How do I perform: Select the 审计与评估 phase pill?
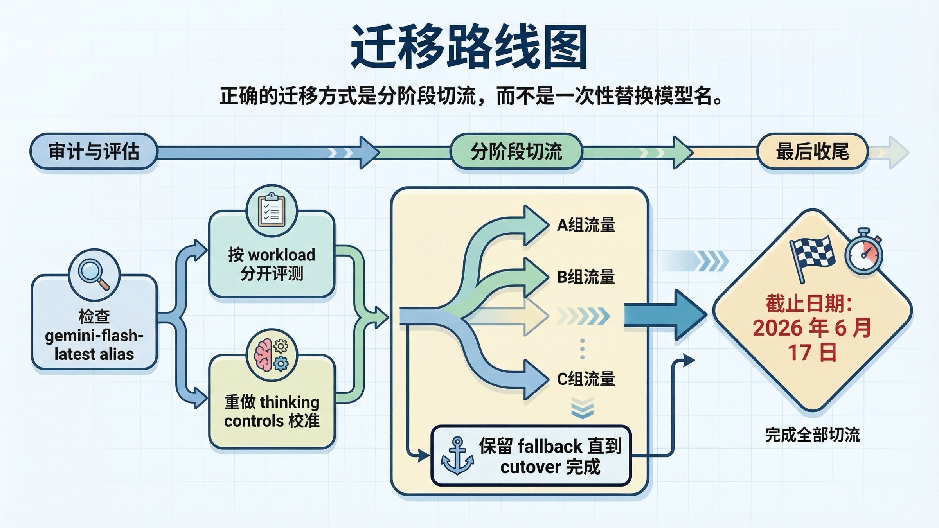(x=94, y=152)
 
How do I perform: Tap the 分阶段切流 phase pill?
(x=516, y=152)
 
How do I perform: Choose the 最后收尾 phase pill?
(x=813, y=152)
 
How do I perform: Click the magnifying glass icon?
(x=94, y=273)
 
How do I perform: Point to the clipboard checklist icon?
(x=272, y=211)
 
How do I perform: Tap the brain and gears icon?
(x=272, y=355)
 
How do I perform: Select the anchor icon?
(x=457, y=456)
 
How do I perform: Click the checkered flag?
(x=812, y=254)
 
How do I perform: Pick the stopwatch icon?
(x=864, y=252)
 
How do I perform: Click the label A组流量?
(x=586, y=225)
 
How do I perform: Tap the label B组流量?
(x=586, y=277)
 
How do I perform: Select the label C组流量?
(x=586, y=379)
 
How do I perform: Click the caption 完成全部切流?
(x=812, y=435)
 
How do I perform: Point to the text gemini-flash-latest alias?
(x=94, y=345)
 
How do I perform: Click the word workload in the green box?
(x=282, y=255)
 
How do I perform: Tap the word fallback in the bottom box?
(x=550, y=446)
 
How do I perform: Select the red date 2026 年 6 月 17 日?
(x=812, y=339)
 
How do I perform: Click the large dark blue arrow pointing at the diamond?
(x=665, y=315)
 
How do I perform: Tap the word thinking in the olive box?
(x=290, y=402)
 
